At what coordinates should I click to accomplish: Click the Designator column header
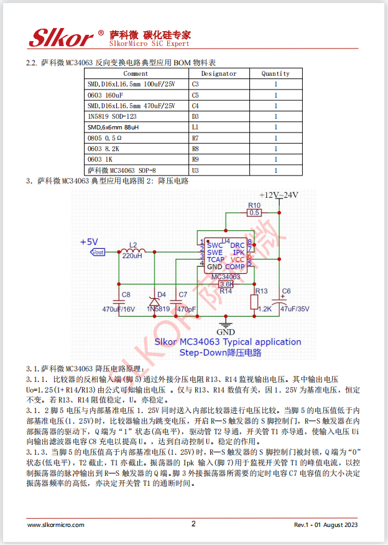219,73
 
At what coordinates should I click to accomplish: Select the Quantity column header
275,73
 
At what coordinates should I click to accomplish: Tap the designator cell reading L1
195,126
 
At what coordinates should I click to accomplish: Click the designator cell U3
195,169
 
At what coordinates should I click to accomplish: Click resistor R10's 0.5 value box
254,213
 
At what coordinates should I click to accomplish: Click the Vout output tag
98,252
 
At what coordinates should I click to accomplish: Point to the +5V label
89,241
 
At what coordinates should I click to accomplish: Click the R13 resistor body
254,302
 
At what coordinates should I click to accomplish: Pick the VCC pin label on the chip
238,259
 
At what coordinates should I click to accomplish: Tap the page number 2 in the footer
193,524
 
